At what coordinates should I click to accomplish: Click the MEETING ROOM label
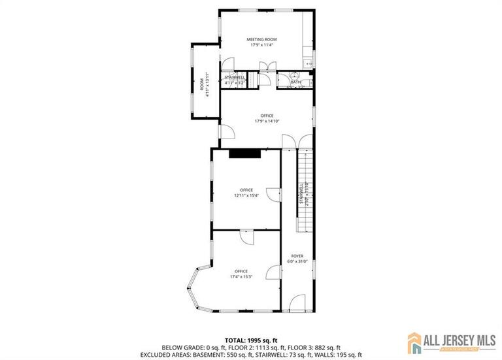(x=261, y=39)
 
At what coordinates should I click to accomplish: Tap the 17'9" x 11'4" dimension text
(x=261, y=45)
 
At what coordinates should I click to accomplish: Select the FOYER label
(x=297, y=256)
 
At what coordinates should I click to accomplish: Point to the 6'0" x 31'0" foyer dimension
(x=297, y=262)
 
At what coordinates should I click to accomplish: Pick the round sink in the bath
(x=295, y=76)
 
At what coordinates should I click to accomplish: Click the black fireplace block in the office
(x=245, y=154)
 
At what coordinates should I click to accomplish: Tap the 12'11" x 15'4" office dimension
(x=246, y=195)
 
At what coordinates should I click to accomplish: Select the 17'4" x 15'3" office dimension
(x=241, y=276)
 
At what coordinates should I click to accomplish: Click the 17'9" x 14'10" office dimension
(x=266, y=121)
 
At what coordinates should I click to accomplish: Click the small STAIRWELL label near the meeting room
(x=235, y=77)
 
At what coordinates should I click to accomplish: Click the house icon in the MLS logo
(x=415, y=342)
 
